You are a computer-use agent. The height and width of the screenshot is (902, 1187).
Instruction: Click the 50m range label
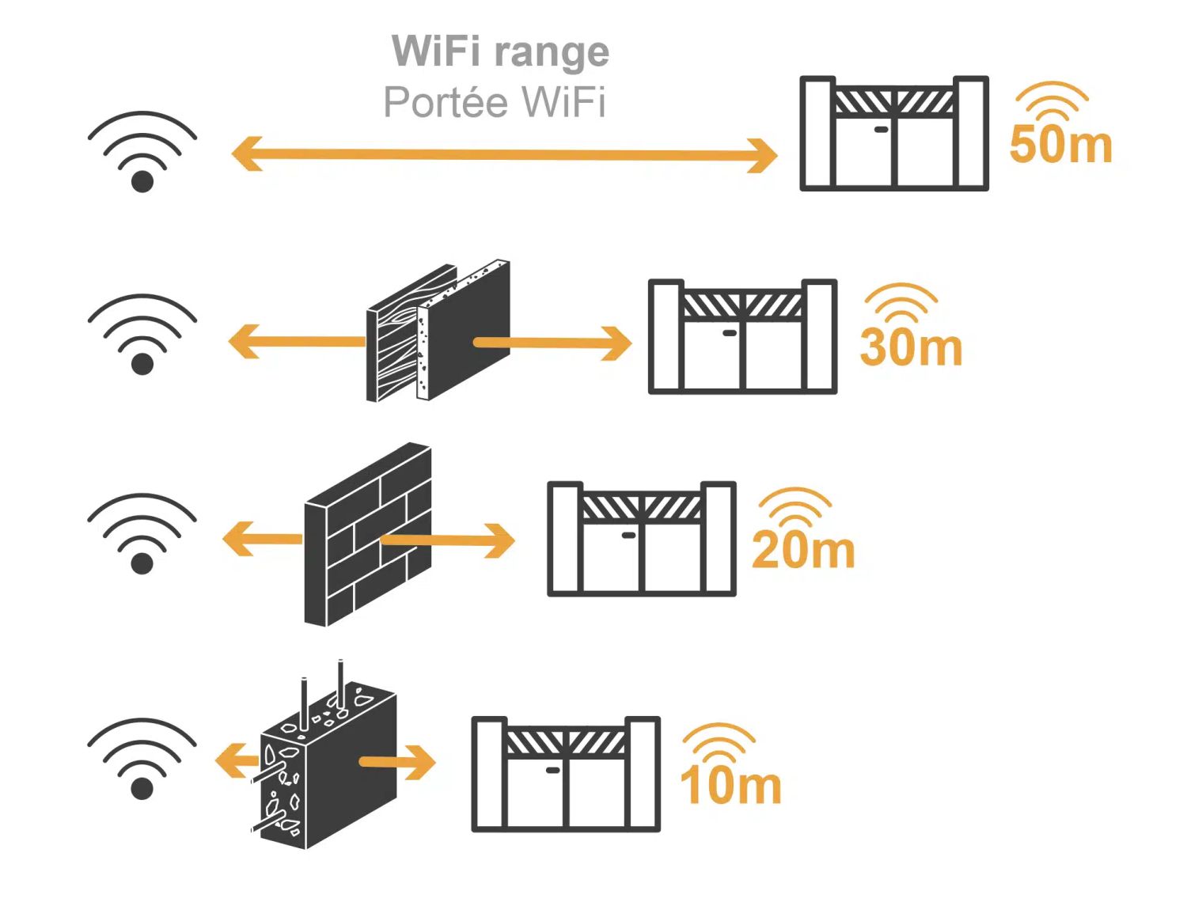click(1060, 144)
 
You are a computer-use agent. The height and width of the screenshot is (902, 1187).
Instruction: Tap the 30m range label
click(911, 347)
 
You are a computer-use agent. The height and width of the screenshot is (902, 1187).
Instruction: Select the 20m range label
click(803, 549)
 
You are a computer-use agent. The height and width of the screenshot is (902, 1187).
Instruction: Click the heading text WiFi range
click(500, 52)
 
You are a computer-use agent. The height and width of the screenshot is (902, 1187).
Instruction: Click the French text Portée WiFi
click(495, 102)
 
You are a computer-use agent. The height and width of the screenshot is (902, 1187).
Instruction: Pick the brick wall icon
click(368, 535)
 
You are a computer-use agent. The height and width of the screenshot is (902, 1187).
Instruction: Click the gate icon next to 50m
click(894, 133)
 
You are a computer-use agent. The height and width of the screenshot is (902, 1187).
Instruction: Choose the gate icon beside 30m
click(742, 336)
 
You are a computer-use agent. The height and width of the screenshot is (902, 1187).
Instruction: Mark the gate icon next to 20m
click(642, 538)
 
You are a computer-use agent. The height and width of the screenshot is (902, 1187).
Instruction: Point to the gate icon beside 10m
click(566, 774)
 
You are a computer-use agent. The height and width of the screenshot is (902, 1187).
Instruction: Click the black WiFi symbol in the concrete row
click(142, 759)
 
